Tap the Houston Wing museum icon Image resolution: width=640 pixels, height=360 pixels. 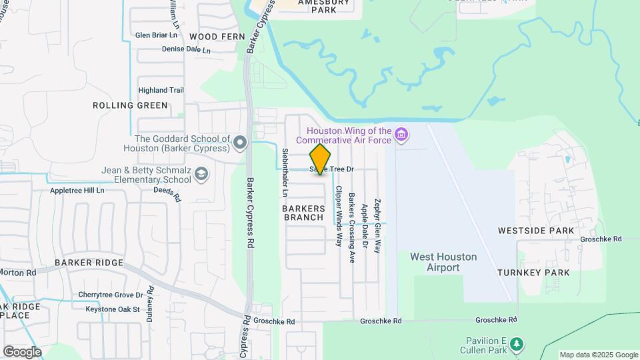401,135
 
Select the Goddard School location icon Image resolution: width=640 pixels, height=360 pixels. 241,142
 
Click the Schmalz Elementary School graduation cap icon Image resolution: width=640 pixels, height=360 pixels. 201,175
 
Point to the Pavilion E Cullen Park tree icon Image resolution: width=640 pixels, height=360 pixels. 516,345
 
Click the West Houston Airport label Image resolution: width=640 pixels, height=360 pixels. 443,262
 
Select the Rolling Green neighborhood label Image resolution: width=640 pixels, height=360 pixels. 130,105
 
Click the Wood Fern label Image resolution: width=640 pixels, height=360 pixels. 213,36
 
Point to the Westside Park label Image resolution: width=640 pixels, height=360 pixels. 536,231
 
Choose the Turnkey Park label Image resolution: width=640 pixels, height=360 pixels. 533,273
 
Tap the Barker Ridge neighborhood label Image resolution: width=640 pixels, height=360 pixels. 89,263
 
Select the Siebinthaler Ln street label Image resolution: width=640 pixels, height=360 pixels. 285,172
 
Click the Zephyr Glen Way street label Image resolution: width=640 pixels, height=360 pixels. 377,225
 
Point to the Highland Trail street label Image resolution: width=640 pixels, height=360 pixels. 161,90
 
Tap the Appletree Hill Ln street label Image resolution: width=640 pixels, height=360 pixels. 77,191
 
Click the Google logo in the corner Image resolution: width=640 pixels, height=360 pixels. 22,351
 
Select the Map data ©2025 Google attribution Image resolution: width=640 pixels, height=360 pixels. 599,355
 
